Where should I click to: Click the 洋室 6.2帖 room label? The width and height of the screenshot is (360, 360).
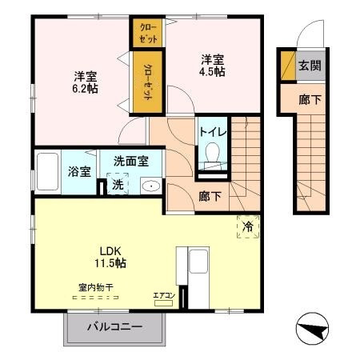click(86, 82)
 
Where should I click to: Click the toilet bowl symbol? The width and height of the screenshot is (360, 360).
click(213, 152)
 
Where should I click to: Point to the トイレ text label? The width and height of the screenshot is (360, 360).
click(211, 130)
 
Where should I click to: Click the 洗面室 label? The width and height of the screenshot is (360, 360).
click(130, 161)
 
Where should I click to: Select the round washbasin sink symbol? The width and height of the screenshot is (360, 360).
click(150, 186)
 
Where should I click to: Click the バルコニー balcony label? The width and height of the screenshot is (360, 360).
click(114, 327)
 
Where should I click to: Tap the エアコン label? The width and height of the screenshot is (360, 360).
click(163, 296)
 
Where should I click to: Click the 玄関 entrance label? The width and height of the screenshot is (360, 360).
click(310, 66)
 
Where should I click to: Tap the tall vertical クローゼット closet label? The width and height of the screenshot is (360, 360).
click(149, 82)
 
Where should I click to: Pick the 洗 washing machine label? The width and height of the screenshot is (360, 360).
click(118, 185)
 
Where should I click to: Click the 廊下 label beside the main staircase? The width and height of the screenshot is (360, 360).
click(209, 195)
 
